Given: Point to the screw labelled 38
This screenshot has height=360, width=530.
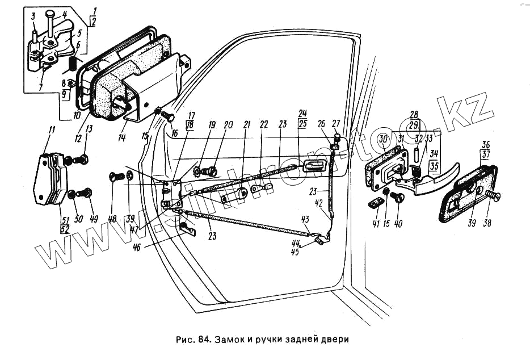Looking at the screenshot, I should click(x=493, y=196).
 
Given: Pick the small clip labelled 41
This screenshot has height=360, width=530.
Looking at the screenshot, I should click(x=375, y=202).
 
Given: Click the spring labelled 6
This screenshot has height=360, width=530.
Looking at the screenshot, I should click(x=72, y=62).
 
